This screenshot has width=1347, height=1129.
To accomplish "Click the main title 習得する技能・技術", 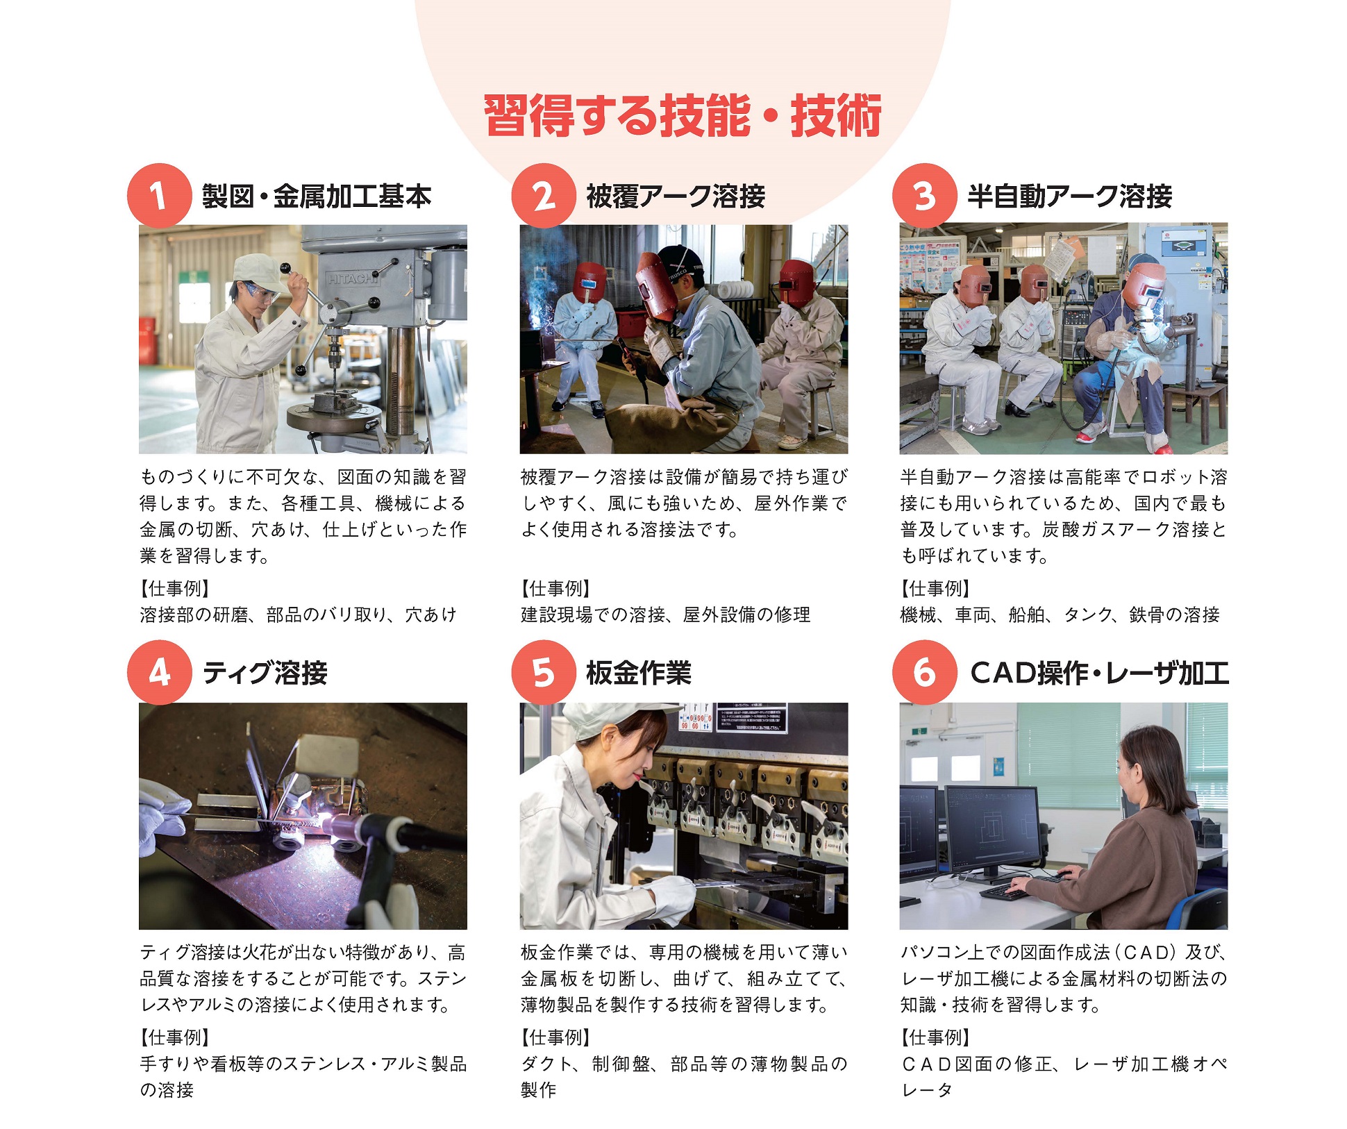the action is coord(683,115).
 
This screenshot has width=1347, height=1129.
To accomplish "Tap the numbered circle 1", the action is coord(159,196).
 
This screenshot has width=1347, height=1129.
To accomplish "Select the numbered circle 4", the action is coord(159,672).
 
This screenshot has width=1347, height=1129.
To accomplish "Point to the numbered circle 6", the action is coord(924,672).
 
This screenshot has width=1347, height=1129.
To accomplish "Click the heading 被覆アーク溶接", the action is coord(676,196).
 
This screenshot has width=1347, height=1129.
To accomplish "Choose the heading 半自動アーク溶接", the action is coord(1069,196).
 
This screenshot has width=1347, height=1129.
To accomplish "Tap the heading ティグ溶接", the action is coord(265,673).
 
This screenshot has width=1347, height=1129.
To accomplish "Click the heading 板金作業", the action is coord(639,673).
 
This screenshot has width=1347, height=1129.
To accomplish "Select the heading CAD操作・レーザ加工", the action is coord(1099,673).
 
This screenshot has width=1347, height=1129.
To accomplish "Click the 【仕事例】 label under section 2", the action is coord(555,589).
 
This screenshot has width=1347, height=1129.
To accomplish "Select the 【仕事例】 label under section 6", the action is coord(935,1037).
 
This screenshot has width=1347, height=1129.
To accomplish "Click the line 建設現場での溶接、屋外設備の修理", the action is coord(666,614).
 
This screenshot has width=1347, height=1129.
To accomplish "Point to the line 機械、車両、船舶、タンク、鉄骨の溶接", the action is coord(1060,614).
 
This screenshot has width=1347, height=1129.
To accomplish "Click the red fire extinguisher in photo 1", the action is coord(148,336).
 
